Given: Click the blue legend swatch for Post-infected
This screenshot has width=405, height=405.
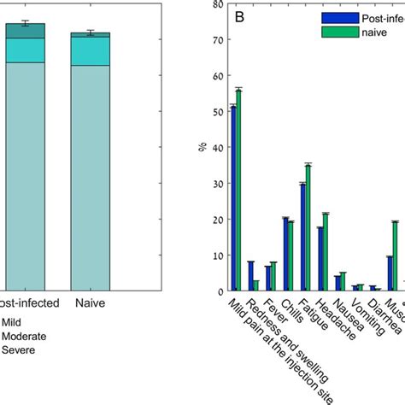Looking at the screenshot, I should pos(336,16).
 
